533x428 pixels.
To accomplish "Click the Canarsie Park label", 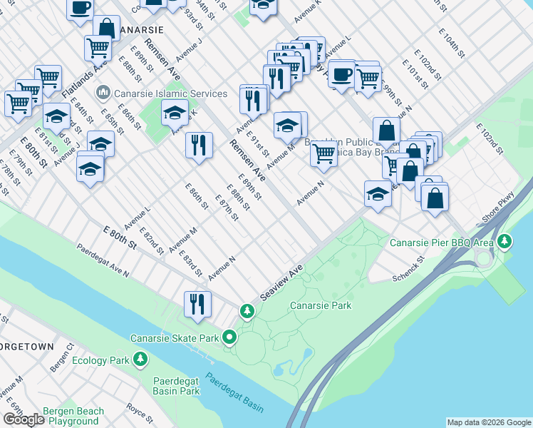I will pos(321,305).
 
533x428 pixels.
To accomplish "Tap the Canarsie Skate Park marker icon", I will pos(229,337).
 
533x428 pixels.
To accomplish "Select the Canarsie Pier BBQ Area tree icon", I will pos(504,242).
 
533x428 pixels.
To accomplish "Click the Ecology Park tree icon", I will pos(141,360).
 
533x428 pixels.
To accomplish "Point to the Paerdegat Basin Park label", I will pos(176,385).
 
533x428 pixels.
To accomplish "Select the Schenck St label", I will pos(409,267).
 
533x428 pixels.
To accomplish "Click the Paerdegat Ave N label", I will pos(103,262).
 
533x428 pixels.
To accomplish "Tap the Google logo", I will pos(24,419).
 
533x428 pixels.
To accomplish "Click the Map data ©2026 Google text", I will pos(489,422).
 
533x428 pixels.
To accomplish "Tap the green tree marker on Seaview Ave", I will pos(247,311).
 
